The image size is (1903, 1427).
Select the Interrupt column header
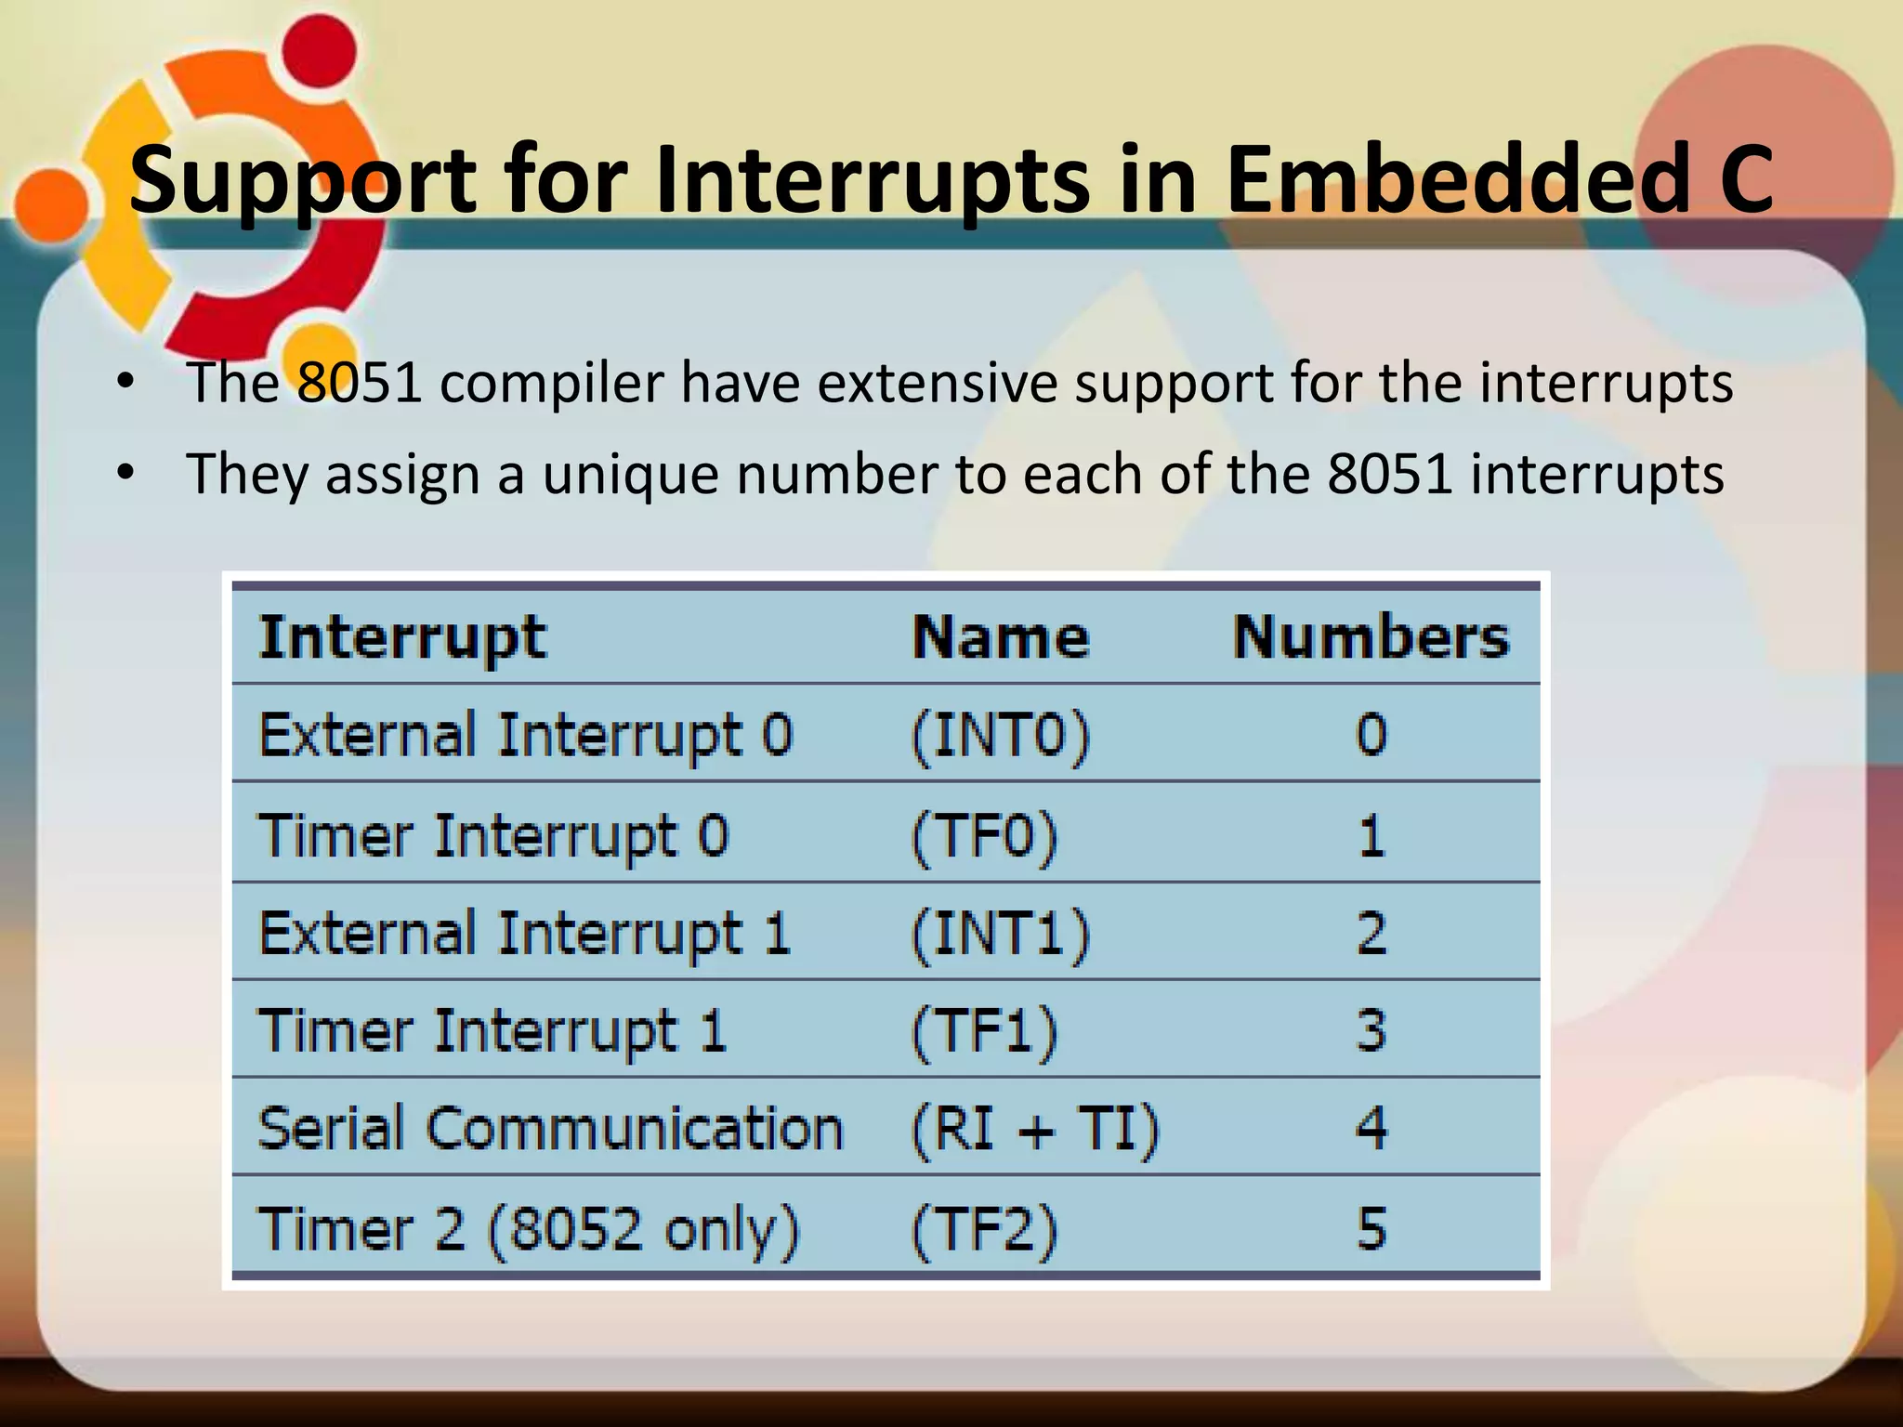point(401,638)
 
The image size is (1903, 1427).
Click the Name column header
point(1000,638)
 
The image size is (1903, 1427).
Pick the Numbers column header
point(1371,638)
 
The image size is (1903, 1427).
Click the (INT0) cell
point(1000,737)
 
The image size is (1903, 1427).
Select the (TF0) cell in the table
point(984,836)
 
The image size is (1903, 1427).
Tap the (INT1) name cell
point(1000,935)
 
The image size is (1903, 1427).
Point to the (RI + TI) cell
point(1034,1130)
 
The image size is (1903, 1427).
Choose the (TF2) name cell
point(984,1231)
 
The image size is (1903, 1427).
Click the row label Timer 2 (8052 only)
point(528,1231)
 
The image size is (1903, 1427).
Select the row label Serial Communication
point(550,1130)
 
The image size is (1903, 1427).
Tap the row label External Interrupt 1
point(524,935)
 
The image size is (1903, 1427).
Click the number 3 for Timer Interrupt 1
point(1371,1031)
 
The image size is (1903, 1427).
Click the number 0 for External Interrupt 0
point(1371,736)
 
